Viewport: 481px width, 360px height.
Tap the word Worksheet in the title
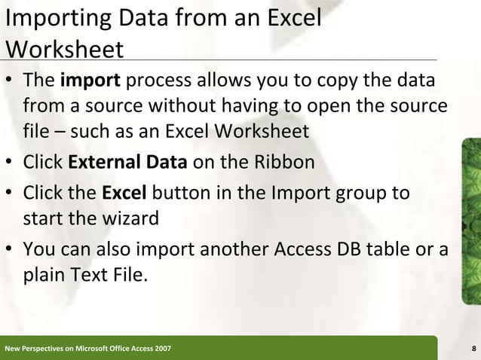[64, 49]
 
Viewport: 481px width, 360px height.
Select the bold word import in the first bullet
[85, 80]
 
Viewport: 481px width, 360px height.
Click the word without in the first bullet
[151, 105]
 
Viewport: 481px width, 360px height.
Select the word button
[179, 194]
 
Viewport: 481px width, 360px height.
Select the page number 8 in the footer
[473, 349]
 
